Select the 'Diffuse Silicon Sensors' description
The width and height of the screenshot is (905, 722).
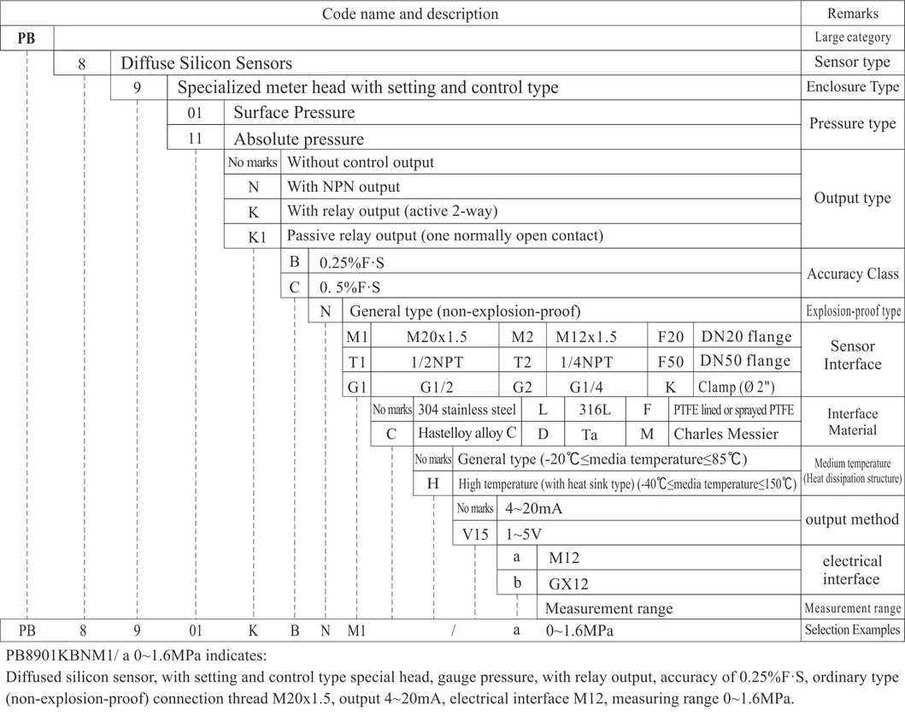click(x=206, y=63)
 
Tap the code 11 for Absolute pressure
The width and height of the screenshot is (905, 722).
click(x=196, y=139)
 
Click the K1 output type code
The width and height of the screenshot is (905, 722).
click(x=257, y=237)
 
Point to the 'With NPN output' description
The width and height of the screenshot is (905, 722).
click(x=344, y=186)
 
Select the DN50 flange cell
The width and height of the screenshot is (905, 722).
click(x=745, y=361)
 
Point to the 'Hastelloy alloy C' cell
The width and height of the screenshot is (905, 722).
click(x=467, y=434)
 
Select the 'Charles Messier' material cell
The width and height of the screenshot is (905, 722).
click(x=726, y=434)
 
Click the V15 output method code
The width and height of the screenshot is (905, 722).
click(x=473, y=535)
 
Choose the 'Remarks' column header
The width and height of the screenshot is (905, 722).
click(x=852, y=13)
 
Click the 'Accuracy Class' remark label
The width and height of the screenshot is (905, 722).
click(x=852, y=274)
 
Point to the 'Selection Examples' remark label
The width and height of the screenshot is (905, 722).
click(x=852, y=630)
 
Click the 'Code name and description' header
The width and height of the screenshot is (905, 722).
click(x=409, y=14)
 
